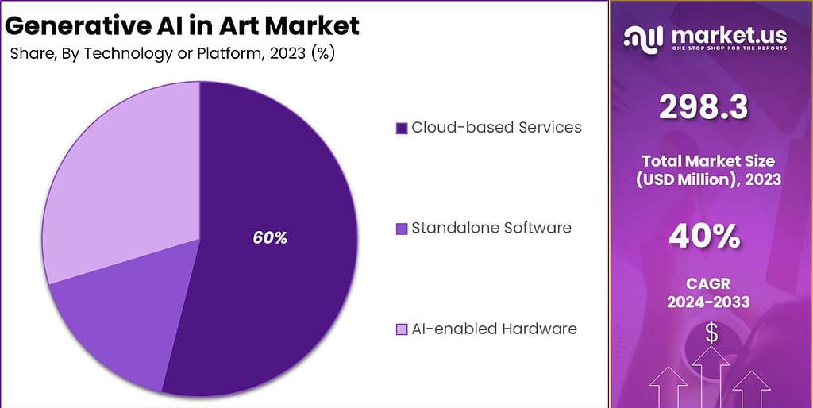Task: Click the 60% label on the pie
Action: click(x=270, y=237)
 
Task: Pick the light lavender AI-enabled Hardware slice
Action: click(x=119, y=183)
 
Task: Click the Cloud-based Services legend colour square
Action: click(x=401, y=128)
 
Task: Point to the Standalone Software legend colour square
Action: click(x=401, y=229)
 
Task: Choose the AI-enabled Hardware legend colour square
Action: click(x=401, y=329)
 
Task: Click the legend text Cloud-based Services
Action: click(x=496, y=127)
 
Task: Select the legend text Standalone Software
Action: click(x=491, y=228)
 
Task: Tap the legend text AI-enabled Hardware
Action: click(x=494, y=329)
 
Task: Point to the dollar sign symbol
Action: click(x=711, y=334)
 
